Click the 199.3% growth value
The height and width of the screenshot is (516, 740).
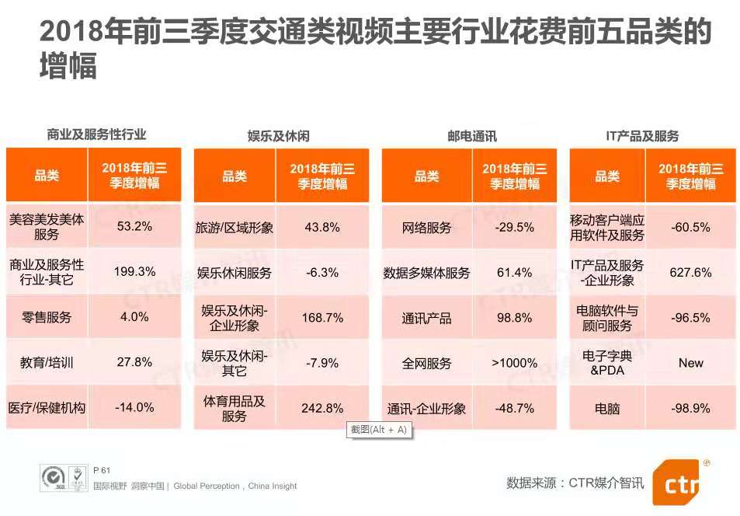click(x=135, y=272)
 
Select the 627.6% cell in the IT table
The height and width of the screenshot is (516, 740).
click(x=690, y=272)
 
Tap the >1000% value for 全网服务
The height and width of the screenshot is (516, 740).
click(x=514, y=363)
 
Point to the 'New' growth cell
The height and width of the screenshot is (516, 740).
click(x=690, y=363)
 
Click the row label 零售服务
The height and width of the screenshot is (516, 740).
click(x=47, y=317)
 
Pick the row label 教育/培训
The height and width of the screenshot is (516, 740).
click(x=47, y=362)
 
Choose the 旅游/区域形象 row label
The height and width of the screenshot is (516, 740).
click(x=235, y=228)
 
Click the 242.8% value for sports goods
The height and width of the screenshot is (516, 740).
click(x=323, y=408)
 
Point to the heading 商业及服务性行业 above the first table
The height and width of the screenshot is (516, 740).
click(x=96, y=134)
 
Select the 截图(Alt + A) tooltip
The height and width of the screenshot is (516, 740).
click(x=379, y=430)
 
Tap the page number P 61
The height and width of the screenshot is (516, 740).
click(x=102, y=470)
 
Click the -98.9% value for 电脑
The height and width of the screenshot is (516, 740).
click(x=690, y=408)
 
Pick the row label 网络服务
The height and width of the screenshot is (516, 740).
click(x=426, y=228)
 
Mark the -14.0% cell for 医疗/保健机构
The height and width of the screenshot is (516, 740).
click(x=135, y=407)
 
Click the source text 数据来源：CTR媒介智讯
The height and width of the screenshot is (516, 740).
click(x=575, y=483)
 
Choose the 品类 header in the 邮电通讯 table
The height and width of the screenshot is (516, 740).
click(x=426, y=176)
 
